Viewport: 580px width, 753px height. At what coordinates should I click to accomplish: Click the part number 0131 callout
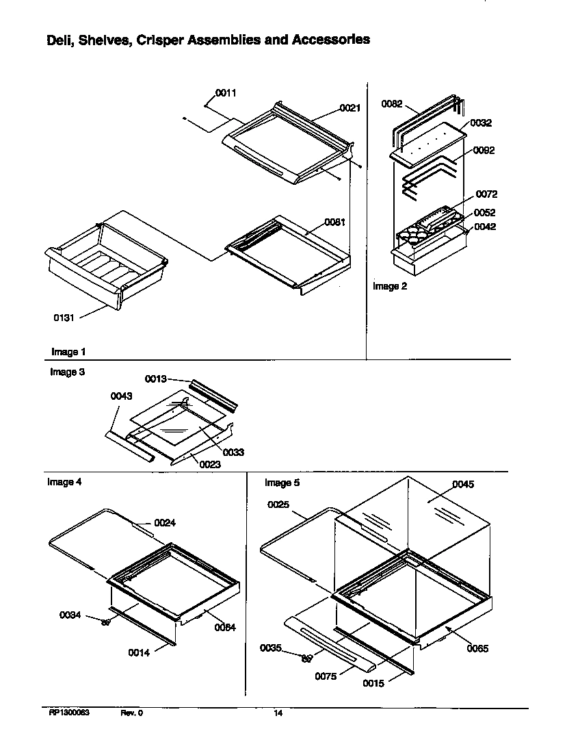64,318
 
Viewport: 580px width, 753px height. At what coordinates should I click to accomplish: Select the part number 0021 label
350,108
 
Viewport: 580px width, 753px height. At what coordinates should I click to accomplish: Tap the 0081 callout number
334,221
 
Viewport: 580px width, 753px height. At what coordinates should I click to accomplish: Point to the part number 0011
226,93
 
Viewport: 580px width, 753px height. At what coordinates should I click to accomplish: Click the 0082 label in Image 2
392,104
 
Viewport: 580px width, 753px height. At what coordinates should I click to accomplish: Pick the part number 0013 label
155,379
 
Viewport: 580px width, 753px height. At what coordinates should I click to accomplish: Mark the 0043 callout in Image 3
120,396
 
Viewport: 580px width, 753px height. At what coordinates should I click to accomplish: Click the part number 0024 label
165,523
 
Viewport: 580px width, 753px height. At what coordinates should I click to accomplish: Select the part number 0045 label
463,484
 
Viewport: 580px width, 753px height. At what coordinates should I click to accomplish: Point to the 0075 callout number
326,676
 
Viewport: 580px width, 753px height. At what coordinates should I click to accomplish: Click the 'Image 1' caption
68,352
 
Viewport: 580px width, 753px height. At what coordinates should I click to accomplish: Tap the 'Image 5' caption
282,483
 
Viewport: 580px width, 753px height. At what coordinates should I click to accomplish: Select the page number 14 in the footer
278,713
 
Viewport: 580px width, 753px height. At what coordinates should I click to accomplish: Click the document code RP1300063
69,713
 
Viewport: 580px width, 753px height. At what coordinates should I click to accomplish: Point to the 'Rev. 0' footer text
132,713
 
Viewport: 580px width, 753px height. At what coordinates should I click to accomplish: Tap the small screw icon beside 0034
106,622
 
